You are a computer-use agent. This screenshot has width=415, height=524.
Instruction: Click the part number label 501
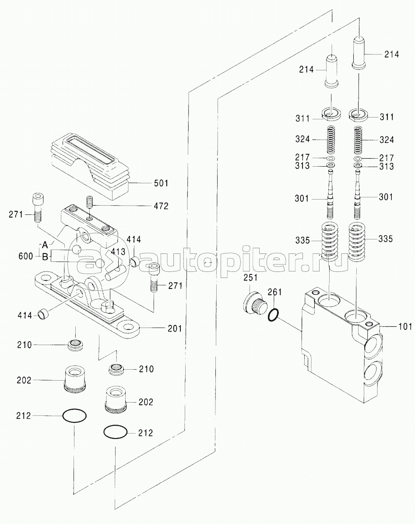pyautogui.click(x=161, y=183)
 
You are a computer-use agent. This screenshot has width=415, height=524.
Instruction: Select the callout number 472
pyautogui.click(x=161, y=206)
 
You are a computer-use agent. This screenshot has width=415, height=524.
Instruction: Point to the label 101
pyautogui.click(x=405, y=326)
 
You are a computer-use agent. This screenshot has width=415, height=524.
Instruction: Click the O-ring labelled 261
pyautogui.click(x=273, y=315)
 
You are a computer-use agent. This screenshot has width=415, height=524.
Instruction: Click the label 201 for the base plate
pyautogui.click(x=175, y=328)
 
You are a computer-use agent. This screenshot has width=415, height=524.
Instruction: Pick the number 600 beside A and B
pyautogui.click(x=26, y=256)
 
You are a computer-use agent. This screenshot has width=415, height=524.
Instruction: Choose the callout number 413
pyautogui.click(x=118, y=251)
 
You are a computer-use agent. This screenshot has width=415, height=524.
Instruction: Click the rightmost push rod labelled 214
pyautogui.click(x=359, y=53)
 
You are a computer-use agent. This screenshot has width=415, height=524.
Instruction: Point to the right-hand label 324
pyautogui.click(x=387, y=140)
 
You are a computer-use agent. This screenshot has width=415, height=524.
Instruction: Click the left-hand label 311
pyautogui.click(x=302, y=118)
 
